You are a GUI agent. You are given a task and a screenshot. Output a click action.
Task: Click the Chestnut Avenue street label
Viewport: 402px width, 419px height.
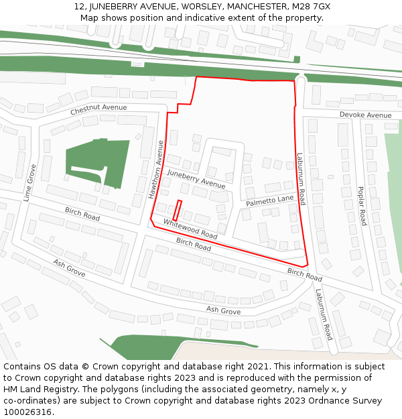point(98,108)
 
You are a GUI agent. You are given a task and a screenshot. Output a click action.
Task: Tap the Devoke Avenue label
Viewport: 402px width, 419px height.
point(365,115)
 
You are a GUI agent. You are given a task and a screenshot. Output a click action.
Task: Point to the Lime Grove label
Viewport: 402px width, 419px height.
point(29,182)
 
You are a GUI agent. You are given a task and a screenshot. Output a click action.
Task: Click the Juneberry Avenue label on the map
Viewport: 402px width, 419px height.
point(196,179)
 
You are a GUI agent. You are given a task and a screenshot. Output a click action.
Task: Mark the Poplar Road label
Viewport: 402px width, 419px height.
point(361,206)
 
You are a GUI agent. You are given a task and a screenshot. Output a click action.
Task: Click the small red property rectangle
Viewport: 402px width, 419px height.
point(178,211)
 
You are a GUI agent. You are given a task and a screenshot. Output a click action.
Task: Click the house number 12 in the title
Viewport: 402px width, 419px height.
point(79,7)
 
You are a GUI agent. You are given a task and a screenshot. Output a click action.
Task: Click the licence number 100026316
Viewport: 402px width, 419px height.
point(28,412)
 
